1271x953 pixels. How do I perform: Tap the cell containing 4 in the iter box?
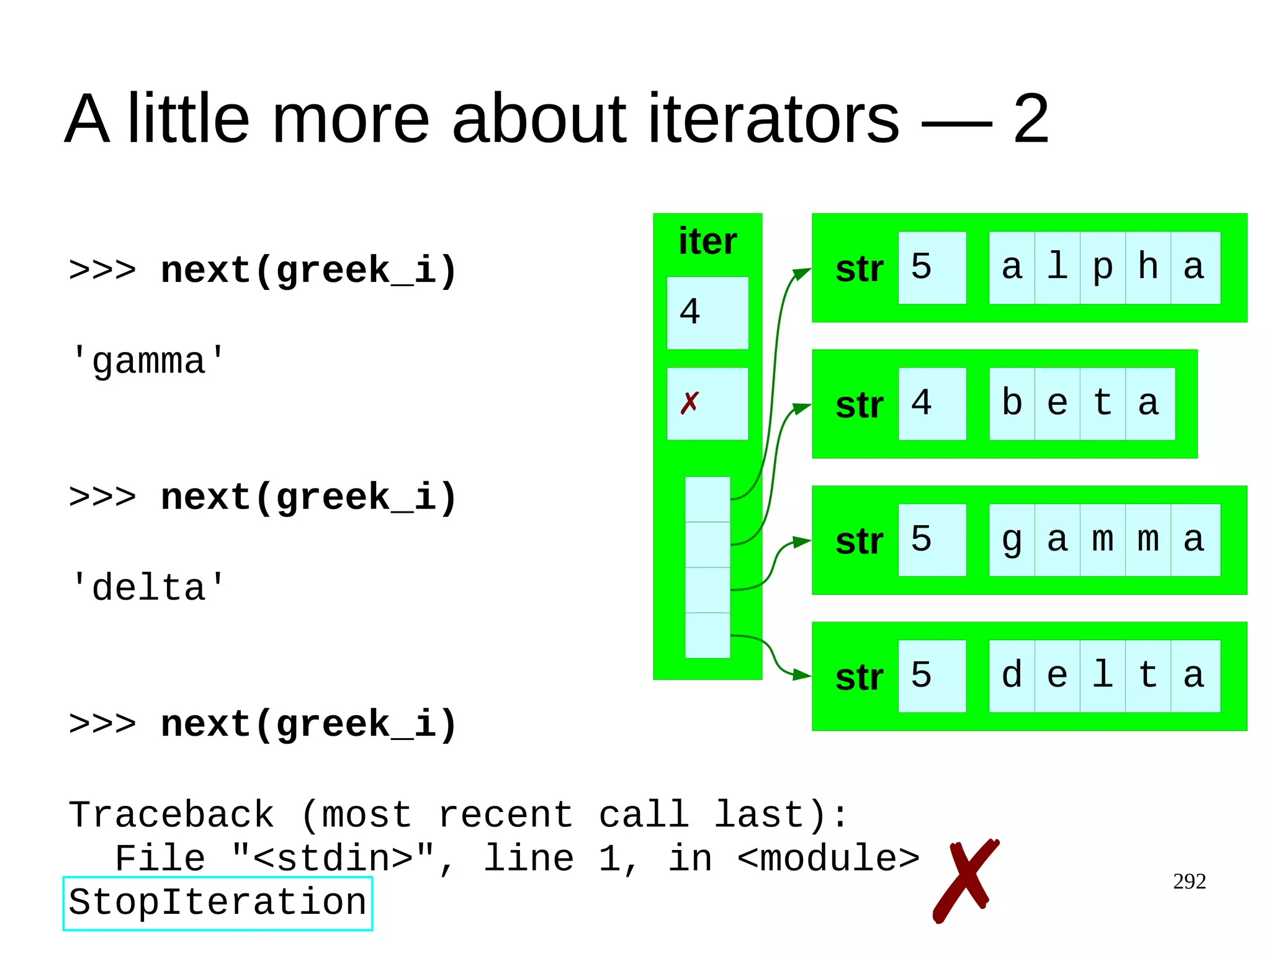click(x=707, y=312)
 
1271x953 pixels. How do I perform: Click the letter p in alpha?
click(x=1102, y=268)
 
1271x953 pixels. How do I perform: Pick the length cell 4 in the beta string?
click(x=931, y=404)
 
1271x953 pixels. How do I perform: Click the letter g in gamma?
click(x=1012, y=540)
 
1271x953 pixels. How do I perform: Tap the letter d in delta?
click(x=1012, y=675)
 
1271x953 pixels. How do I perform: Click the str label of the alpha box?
click(x=859, y=269)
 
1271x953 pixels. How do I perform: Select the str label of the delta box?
click(x=859, y=677)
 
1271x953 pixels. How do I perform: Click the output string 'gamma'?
click(x=148, y=361)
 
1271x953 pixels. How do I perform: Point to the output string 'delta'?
click(x=148, y=588)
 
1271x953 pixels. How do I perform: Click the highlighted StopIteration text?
click(x=217, y=903)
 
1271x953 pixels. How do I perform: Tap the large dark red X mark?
click(x=965, y=880)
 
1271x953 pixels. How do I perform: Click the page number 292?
click(x=1188, y=882)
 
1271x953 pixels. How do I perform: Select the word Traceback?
click(x=171, y=815)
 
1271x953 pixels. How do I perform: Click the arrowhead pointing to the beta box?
click(x=803, y=408)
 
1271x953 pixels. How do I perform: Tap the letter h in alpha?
click(x=1147, y=268)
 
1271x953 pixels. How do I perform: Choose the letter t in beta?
click(x=1102, y=404)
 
